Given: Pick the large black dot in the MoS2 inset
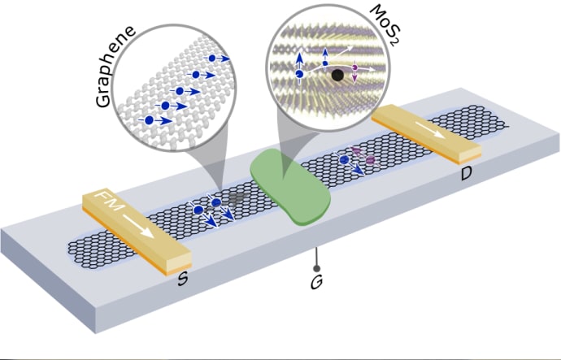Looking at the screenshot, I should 337,76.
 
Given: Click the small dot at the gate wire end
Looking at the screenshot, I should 315,266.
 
